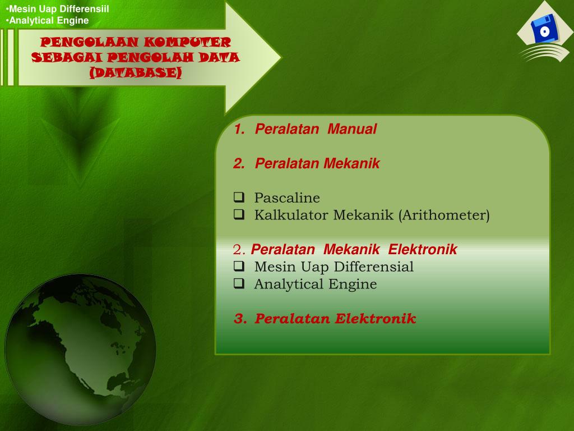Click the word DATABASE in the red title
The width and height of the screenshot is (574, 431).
pyautogui.click(x=136, y=73)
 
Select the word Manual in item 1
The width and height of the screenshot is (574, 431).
pyautogui.click(x=352, y=129)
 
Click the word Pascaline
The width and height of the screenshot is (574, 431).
pyautogui.click(x=287, y=198)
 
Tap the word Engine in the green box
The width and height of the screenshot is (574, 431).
pyautogui.click(x=353, y=284)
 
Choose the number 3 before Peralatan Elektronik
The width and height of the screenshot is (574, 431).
pyautogui.click(x=239, y=319)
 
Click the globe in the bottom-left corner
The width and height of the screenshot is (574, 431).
pyautogui.click(x=80, y=349)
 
